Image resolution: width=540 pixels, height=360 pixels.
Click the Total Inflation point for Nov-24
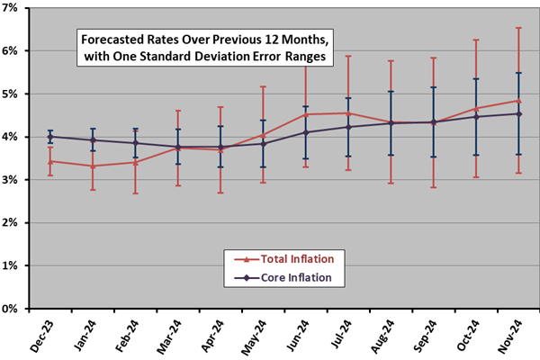click(517, 100)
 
